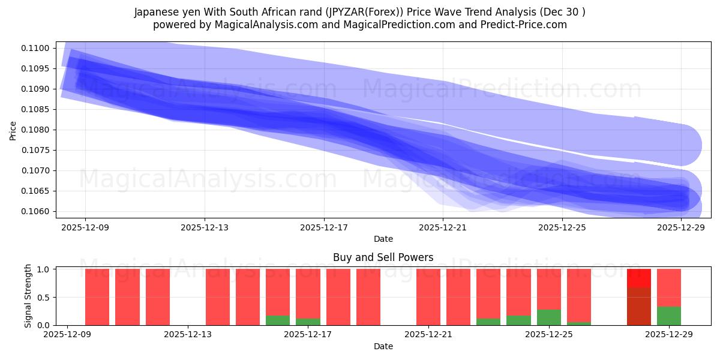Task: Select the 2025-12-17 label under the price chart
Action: coord(324,227)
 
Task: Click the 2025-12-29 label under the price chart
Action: coord(682,227)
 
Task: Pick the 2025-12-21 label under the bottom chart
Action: coord(429,334)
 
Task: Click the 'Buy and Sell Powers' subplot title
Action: coord(383,257)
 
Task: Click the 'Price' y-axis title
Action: coord(13,130)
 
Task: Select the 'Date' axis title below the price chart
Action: coord(383,239)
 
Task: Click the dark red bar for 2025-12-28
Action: coord(638,307)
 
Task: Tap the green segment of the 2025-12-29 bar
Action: coord(668,316)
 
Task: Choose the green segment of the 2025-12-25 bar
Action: coord(548,317)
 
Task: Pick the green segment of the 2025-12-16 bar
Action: coord(278,320)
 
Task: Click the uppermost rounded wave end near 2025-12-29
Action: coord(681,145)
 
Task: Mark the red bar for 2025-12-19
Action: coord(368,297)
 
